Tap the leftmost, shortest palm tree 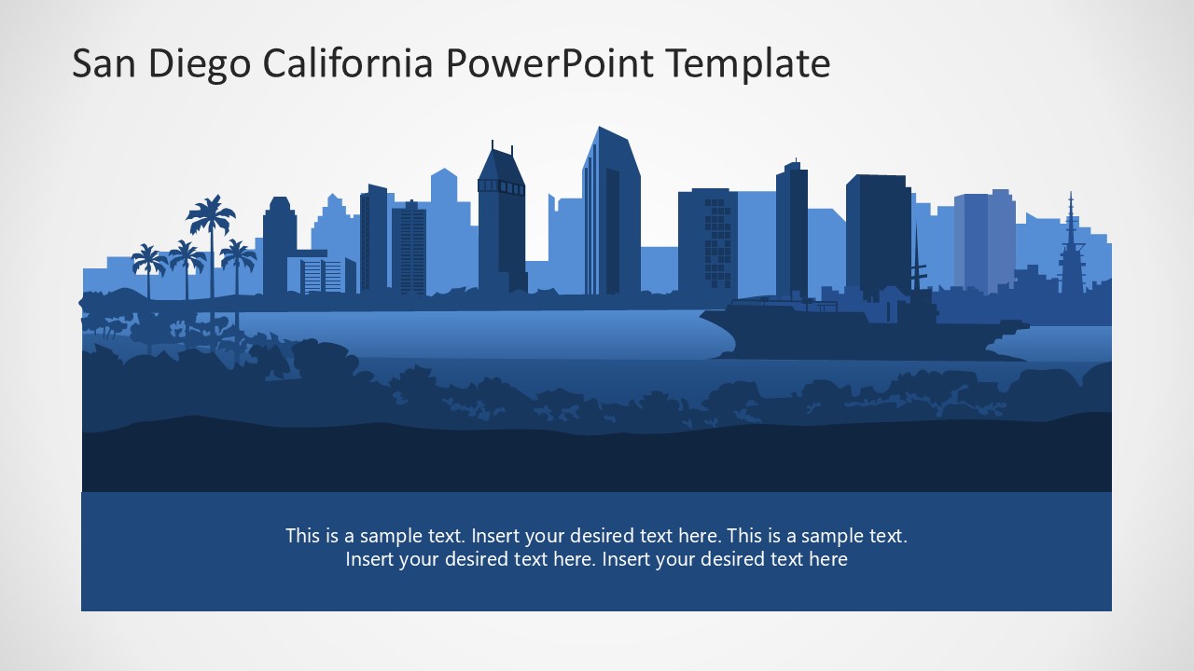147,258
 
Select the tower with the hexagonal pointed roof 501,168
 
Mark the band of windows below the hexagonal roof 501,186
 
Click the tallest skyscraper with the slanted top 611,214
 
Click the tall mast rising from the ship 915,261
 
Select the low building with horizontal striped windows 323,275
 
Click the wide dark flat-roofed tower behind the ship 878,233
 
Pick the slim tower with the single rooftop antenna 792,228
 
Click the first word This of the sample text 303,536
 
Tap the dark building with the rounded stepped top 278,247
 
